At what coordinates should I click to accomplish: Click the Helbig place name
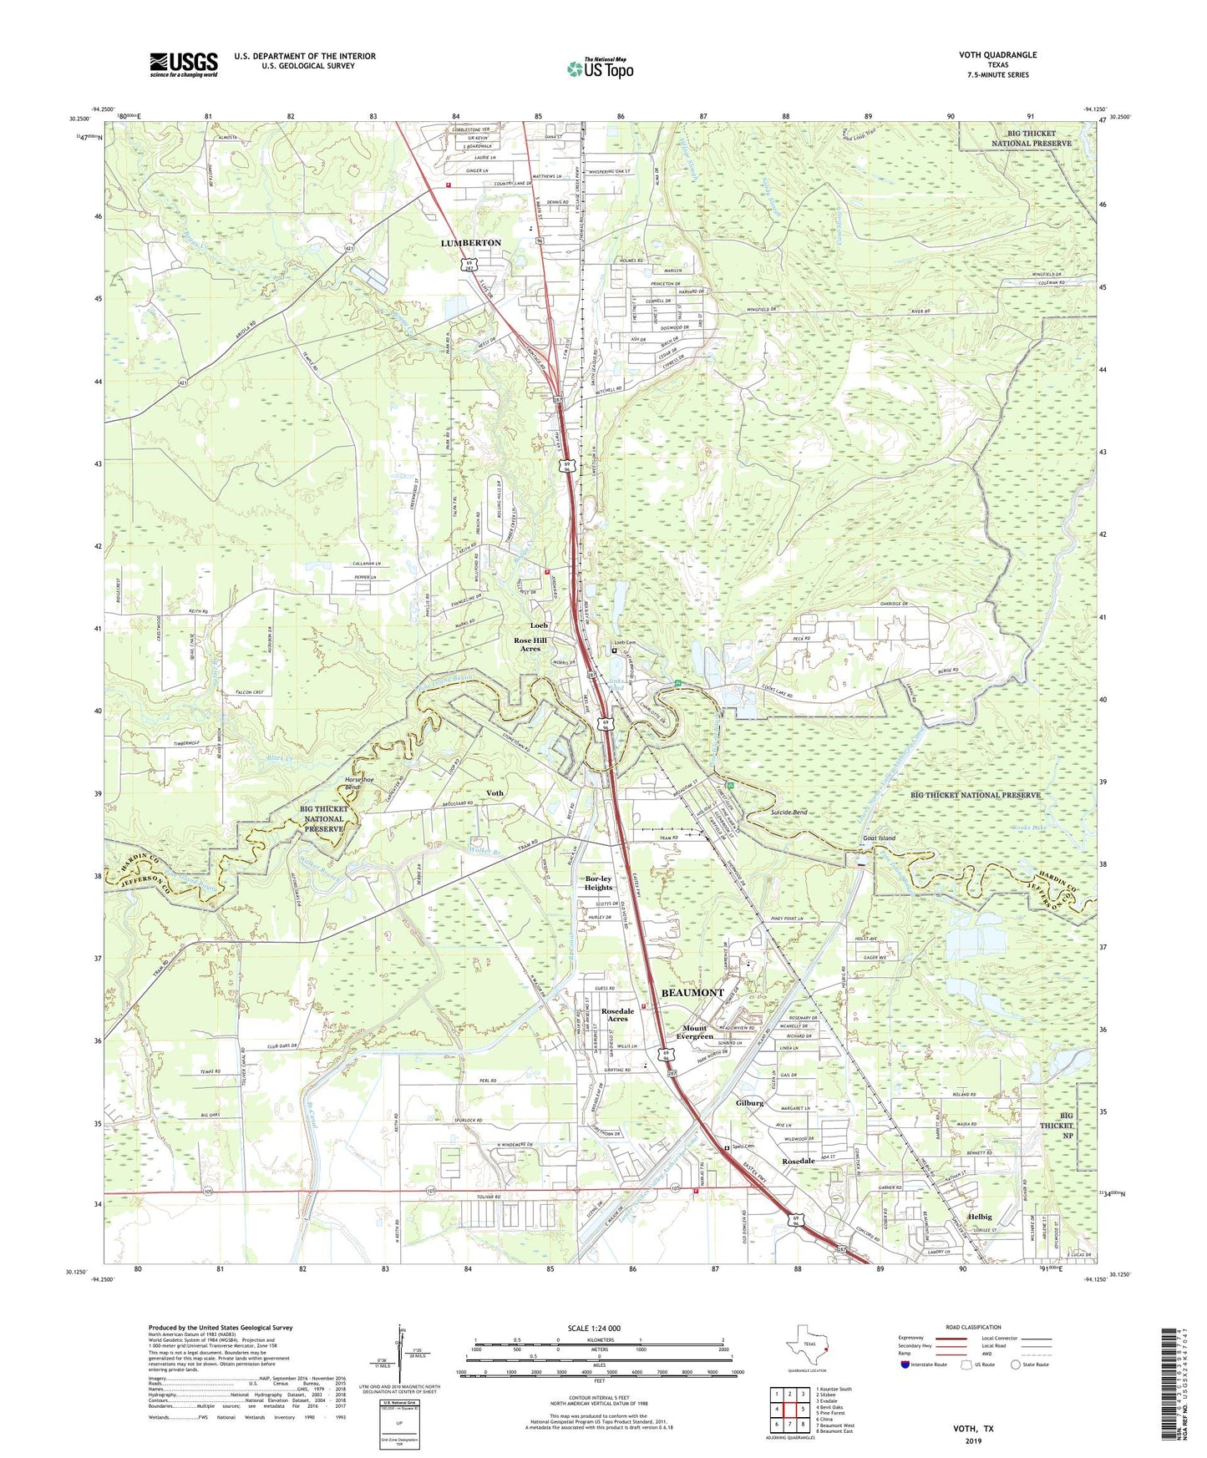tap(985, 1218)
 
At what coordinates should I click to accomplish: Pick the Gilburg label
tap(749, 1103)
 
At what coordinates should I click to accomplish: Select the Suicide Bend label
tap(789, 812)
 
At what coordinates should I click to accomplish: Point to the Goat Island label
tap(879, 838)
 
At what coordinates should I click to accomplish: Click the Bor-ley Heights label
tap(598, 883)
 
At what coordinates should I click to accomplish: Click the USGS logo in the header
tap(184, 64)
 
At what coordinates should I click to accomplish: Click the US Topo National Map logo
tap(598, 67)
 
